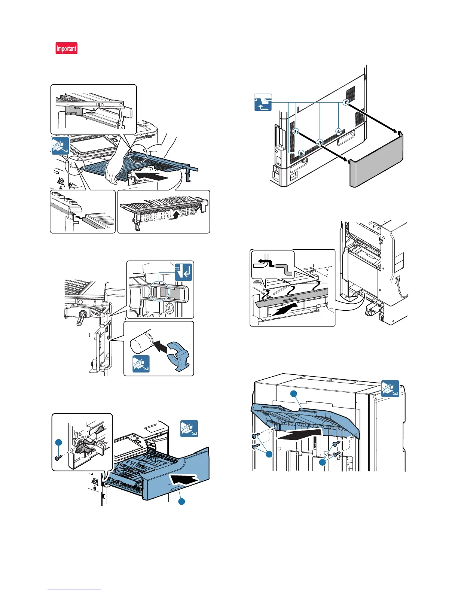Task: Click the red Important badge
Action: (67, 48)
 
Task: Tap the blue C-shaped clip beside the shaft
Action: (178, 356)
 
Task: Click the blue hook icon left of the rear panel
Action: (263, 102)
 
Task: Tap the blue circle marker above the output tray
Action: (294, 393)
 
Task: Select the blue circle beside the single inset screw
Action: (58, 443)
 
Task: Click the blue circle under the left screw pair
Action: (269, 454)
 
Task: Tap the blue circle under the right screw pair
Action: (323, 462)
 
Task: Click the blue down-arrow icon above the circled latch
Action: (183, 272)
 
